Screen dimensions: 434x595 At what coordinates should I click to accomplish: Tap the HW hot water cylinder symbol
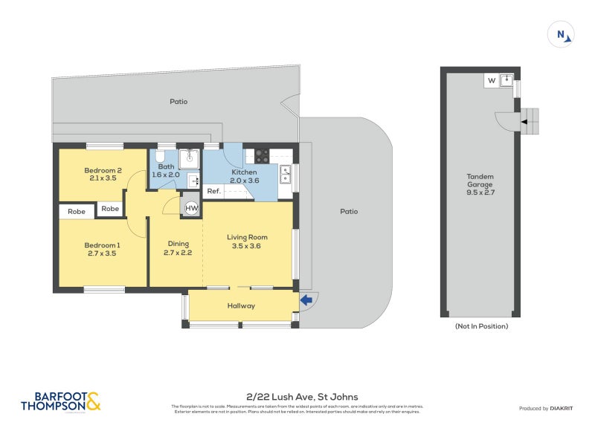191,209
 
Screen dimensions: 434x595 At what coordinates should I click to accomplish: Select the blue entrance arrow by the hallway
305,300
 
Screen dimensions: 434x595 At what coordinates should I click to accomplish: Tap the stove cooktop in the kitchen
263,156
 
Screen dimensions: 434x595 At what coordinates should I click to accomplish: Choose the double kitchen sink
285,174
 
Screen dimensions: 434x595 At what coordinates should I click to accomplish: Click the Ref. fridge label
213,192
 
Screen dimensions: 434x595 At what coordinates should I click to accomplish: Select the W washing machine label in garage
492,80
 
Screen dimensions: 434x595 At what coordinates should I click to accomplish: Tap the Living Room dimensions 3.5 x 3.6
247,247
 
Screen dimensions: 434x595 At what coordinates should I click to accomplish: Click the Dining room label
178,243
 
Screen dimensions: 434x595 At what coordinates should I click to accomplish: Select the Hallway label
241,305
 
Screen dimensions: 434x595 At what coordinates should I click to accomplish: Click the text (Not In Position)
481,326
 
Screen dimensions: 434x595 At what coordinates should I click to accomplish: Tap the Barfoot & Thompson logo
61,401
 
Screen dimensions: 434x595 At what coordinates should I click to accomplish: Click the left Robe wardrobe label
77,211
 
